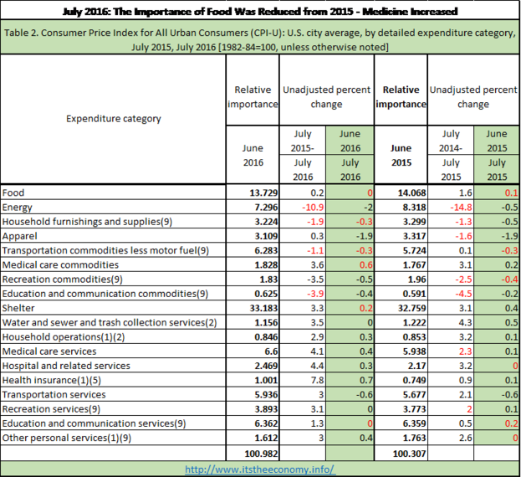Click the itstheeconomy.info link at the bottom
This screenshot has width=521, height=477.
[x=260, y=469]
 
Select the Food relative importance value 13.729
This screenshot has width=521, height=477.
[x=263, y=192]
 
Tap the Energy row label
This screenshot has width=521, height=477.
[x=18, y=208]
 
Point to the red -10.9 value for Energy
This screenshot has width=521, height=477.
[x=313, y=208]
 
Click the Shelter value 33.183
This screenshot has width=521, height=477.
[x=263, y=308]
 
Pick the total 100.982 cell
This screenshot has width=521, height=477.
[x=261, y=454]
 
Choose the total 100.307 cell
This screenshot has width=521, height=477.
[x=410, y=454]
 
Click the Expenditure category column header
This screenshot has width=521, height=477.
[x=113, y=119]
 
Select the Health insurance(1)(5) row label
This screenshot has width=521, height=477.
[x=52, y=380]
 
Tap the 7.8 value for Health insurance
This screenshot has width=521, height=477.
[x=317, y=380]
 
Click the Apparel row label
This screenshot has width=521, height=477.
[x=19, y=236]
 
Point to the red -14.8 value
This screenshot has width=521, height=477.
[x=461, y=208]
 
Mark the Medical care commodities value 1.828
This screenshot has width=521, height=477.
[x=266, y=265]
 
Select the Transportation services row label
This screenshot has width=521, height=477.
[x=54, y=394]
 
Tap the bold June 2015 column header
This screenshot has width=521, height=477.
[x=401, y=155]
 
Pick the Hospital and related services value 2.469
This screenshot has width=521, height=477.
[x=266, y=366]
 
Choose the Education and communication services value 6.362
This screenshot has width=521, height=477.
[x=266, y=423]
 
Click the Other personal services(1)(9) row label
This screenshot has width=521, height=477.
[x=66, y=439]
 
